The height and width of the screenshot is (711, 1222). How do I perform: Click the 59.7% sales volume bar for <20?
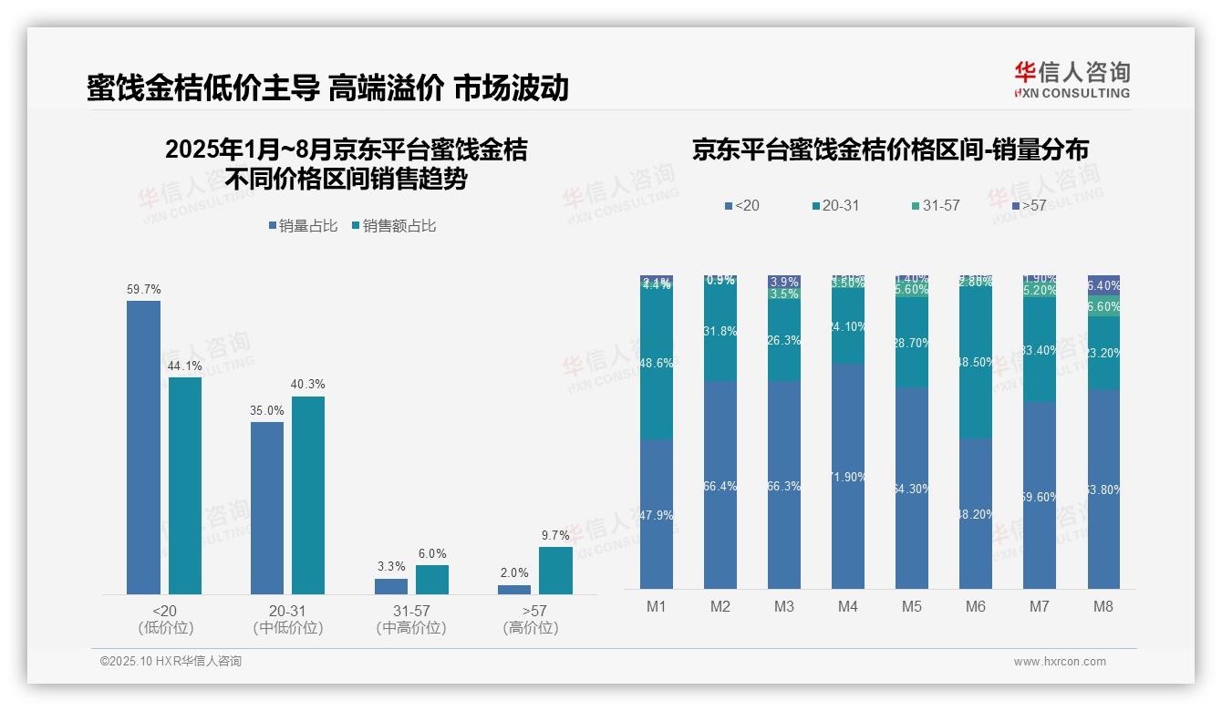[143, 447]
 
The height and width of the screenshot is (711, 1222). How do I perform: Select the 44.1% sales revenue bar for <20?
[185, 485]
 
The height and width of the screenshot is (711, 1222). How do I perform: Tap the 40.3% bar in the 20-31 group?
[308, 495]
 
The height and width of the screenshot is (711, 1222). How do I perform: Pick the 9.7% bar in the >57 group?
[555, 571]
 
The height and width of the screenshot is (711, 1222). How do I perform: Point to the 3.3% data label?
[391, 567]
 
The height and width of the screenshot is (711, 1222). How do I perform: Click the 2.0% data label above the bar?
[514, 572]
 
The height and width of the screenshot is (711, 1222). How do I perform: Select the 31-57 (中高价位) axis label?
[411, 619]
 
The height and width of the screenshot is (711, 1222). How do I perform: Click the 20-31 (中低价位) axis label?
[287, 619]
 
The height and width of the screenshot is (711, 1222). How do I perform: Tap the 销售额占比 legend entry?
[393, 226]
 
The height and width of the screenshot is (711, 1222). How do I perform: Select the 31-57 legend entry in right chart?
[935, 206]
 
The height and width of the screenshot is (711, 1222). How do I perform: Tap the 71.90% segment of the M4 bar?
[848, 476]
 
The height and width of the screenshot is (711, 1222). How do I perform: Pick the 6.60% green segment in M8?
[1103, 306]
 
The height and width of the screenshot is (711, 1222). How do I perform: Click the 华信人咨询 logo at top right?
[1072, 79]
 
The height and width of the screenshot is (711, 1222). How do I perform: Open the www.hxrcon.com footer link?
[1059, 662]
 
